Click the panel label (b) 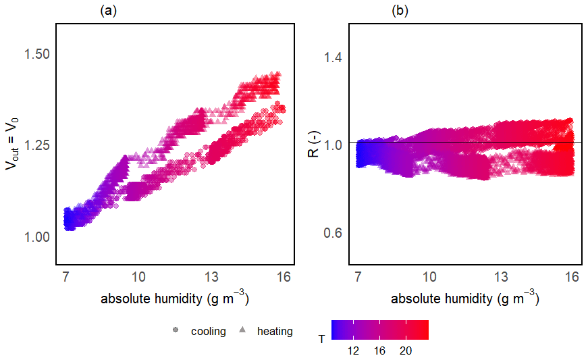[x=400, y=11]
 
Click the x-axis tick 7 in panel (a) [x=66, y=277]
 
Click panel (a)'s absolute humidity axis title [x=170, y=298]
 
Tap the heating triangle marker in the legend [x=242, y=331]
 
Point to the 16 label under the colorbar [x=379, y=351]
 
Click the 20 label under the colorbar [x=406, y=351]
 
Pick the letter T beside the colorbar [x=321, y=339]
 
